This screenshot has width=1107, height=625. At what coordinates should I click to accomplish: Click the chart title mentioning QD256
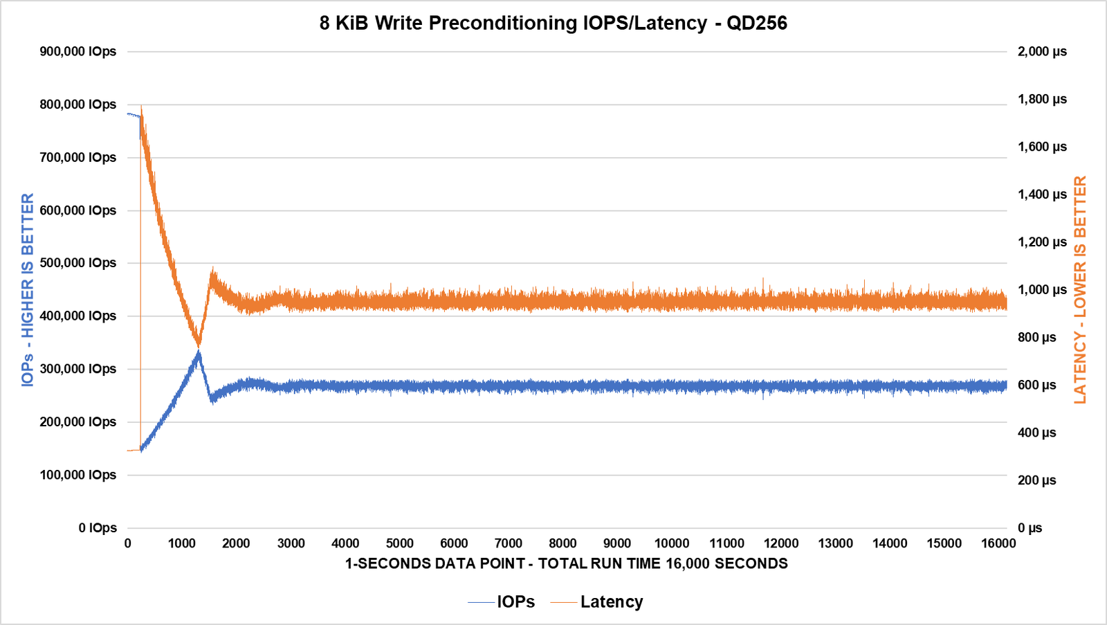[x=553, y=23]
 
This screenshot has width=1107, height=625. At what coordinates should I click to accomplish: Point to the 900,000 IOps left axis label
[x=77, y=51]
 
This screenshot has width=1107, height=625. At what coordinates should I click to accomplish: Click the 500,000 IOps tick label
[x=77, y=263]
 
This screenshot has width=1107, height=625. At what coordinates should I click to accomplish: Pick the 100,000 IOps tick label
[x=77, y=475]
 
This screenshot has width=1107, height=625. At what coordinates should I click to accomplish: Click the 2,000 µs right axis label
[x=1042, y=51]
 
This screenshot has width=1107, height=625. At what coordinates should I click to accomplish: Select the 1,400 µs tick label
[x=1042, y=194]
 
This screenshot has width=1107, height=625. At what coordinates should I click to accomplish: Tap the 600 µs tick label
[x=1036, y=385]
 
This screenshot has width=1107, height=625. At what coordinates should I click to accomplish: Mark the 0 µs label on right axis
[x=1030, y=528]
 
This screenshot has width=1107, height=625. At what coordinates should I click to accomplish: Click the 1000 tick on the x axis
[x=182, y=543]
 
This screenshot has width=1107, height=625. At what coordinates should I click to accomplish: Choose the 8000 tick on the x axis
[x=562, y=543]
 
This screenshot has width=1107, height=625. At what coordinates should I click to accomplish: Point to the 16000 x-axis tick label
[x=998, y=543]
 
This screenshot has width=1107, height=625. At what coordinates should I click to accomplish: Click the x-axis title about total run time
[x=566, y=563]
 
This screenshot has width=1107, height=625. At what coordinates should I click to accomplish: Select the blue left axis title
[x=28, y=289]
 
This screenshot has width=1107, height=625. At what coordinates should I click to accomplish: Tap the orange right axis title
[x=1080, y=289]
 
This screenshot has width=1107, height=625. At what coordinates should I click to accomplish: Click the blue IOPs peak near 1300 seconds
[x=199, y=353]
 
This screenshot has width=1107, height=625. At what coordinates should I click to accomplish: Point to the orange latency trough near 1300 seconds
[x=199, y=343]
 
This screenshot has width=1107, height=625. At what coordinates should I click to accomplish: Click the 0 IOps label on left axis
[x=98, y=528]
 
